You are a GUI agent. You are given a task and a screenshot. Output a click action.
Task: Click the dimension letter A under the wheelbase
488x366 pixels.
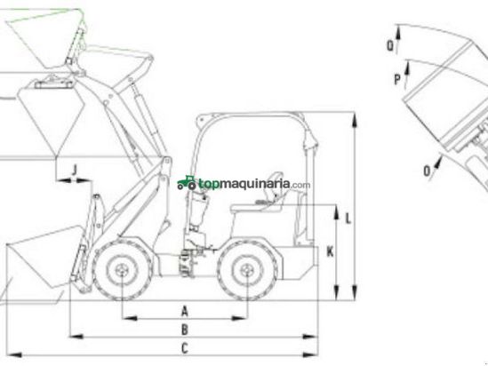pos(185,311)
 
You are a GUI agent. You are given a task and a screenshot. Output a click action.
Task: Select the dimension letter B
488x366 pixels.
pos(185,330)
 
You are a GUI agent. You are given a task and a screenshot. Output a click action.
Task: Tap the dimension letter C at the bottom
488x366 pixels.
pos(185,348)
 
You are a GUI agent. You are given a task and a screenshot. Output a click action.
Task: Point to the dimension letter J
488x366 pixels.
pos(74,170)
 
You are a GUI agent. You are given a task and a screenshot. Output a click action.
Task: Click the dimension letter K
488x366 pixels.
pos(330,252)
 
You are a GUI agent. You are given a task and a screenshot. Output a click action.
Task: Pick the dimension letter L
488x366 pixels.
pos(348,219)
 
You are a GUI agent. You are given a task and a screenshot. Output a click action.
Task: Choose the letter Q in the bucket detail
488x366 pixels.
pos(390,45)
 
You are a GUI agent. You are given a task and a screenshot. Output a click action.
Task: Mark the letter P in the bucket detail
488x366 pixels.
pos(397,79)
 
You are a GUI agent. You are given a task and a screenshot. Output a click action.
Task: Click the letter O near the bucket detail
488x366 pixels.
pos(428,171)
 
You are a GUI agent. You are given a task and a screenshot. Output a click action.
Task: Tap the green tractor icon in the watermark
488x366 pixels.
pos(187,183)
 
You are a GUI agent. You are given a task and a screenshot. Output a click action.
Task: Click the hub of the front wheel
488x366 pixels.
pos(122,269)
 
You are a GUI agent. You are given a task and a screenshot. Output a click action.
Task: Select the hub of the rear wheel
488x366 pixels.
pos(247,269)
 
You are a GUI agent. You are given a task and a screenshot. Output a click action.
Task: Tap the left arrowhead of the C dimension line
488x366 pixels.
pos(14,354)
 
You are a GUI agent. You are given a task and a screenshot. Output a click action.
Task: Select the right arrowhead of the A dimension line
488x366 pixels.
pos(240,318)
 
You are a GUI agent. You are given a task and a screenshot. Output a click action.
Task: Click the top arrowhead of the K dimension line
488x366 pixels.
pos(336,212)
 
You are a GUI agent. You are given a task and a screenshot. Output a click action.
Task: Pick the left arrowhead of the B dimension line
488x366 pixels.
pos(76,336)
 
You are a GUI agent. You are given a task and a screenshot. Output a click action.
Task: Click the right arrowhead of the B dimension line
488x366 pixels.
pos(310,336)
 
